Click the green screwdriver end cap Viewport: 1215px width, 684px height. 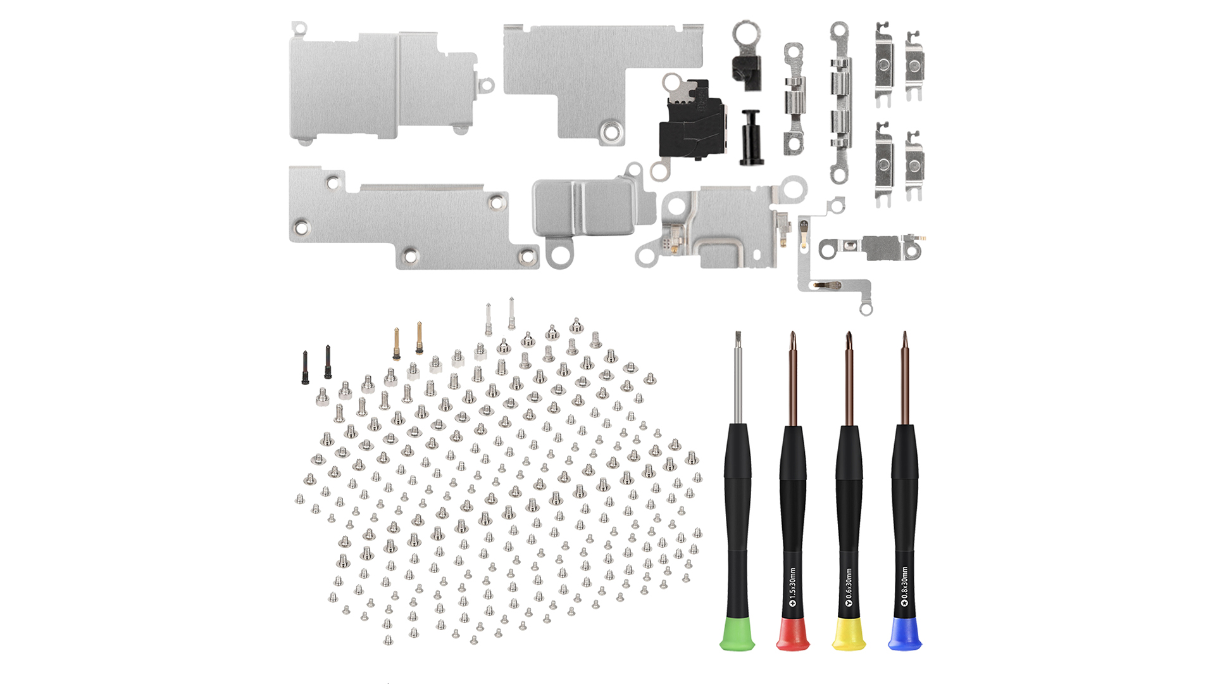click(x=737, y=635)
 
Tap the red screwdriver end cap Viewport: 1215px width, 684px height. click(x=793, y=635)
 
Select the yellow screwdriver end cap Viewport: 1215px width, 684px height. click(x=849, y=635)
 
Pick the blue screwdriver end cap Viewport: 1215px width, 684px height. click(x=904, y=635)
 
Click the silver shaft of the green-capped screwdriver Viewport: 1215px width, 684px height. click(x=737, y=380)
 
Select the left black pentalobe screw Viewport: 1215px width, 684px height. click(x=305, y=368)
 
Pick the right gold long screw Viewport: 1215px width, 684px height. click(x=419, y=338)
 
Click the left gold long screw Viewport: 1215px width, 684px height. click(x=397, y=344)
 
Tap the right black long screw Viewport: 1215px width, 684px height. click(x=328, y=362)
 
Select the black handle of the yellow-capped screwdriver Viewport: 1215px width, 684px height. click(x=849, y=507)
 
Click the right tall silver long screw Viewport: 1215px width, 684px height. click(x=511, y=313)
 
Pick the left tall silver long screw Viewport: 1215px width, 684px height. click(x=489, y=320)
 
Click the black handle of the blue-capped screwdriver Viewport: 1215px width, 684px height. click(x=904, y=507)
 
